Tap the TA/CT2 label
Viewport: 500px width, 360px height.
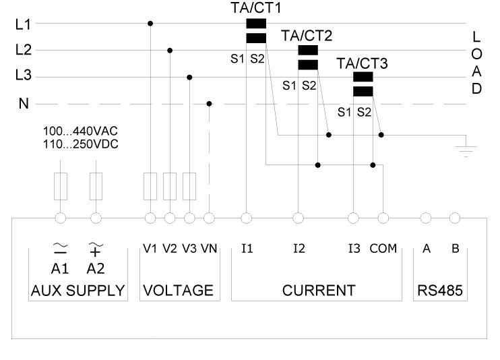306,35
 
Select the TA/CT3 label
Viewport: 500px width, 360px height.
362,63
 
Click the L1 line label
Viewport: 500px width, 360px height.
23,24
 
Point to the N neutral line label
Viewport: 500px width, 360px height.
23,104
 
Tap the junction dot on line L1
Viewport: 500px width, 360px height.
150,24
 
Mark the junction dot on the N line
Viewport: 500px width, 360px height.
209,104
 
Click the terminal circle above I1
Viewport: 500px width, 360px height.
247,218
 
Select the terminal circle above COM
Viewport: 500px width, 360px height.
383,218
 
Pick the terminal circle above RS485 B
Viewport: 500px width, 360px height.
455,218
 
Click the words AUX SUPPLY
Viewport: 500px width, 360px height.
78,291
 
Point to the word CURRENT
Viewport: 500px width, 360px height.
319,291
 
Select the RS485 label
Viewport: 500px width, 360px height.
440,291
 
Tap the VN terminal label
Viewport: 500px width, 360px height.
209,249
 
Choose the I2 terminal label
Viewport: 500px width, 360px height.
299,249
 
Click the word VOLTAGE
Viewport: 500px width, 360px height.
178,291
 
